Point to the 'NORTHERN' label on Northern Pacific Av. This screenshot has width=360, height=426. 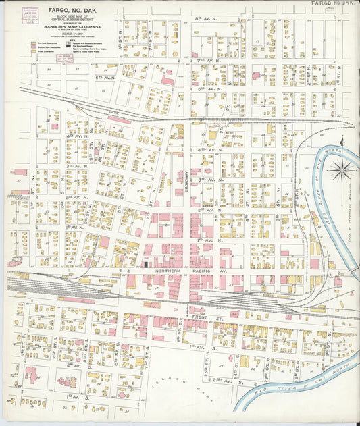(x=168, y=270)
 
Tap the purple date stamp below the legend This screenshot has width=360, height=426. (x=64, y=59)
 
